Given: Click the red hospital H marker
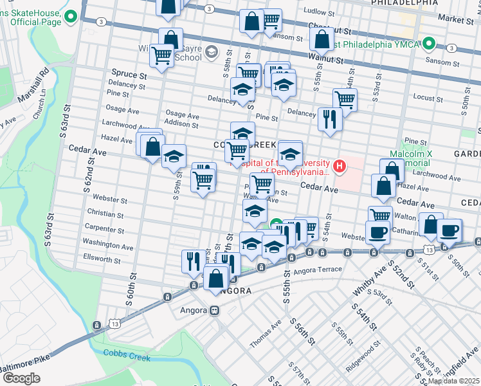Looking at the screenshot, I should (x=339, y=166).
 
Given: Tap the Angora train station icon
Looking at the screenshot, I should (x=214, y=310).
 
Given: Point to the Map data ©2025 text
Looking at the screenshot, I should (x=454, y=381).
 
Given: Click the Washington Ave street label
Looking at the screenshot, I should (x=108, y=246).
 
